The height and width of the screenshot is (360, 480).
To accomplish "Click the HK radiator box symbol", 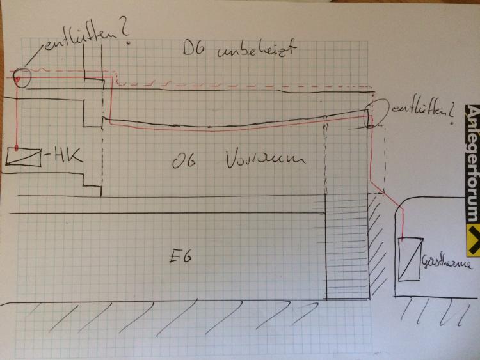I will click(23, 157).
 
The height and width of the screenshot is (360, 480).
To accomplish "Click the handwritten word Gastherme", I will click(444, 264).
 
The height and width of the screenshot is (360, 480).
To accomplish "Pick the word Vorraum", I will click(264, 159).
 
